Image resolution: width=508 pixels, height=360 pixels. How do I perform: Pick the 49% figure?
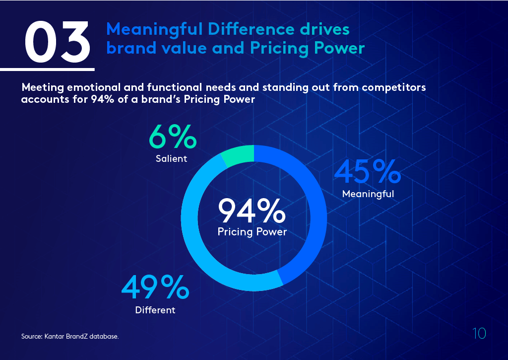pyautogui.click(x=155, y=288)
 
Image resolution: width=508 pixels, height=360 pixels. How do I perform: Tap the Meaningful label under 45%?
pyautogui.click(x=368, y=194)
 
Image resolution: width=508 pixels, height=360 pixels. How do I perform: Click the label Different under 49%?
pyautogui.click(x=155, y=310)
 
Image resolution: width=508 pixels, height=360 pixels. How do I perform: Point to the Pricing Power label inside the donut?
pyautogui.click(x=252, y=231)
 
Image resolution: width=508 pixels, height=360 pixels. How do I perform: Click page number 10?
pyautogui.click(x=479, y=334)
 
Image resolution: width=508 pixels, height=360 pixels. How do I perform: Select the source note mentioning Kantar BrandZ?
pyautogui.click(x=70, y=337)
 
